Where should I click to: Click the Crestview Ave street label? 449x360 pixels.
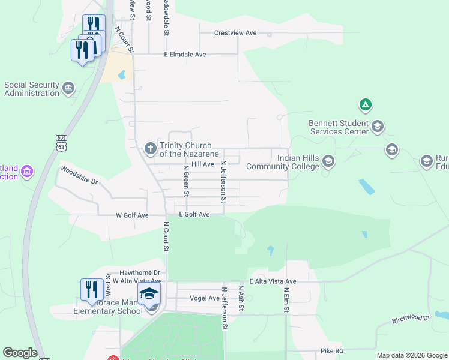235,33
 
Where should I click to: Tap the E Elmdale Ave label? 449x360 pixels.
185,55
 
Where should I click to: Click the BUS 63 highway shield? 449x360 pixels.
61,142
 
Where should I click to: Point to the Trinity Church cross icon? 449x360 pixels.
151,148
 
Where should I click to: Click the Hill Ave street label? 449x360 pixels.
203,164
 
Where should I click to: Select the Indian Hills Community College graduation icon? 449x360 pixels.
328,161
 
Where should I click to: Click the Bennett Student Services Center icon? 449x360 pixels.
378,126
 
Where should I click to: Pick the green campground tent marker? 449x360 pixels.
365,106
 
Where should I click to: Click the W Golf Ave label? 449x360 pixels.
132,215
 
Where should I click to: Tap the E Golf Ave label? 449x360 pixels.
194,215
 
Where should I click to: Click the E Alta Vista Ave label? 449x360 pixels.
273,281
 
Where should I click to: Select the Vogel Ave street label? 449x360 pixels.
205,298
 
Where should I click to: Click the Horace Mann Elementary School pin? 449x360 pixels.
149,294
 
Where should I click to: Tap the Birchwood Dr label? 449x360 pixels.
411,319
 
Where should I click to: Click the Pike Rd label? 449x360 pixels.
331,351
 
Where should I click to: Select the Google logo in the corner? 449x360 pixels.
20,353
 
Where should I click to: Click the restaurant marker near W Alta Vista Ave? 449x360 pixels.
91,290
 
